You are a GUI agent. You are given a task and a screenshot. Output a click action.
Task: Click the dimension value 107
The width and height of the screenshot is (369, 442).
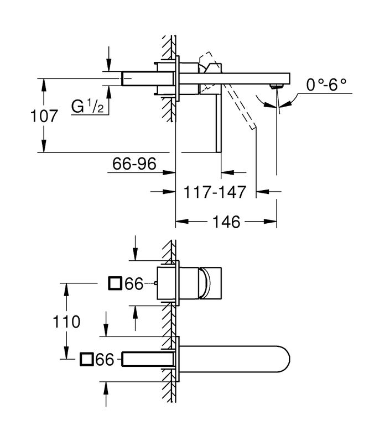(x=45, y=117)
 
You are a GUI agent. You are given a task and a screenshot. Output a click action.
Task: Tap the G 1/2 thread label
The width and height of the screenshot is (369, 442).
(x=87, y=106)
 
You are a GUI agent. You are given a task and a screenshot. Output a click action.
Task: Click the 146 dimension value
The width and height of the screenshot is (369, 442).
(x=227, y=222)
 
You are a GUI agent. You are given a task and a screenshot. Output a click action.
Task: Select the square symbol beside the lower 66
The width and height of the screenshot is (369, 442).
(x=87, y=360)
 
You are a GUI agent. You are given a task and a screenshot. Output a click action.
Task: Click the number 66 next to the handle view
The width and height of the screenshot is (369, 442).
(x=134, y=284)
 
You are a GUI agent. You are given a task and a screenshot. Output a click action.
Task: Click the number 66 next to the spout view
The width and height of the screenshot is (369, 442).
(x=105, y=360)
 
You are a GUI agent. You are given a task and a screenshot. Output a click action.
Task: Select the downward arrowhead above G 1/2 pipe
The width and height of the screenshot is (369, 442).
(x=110, y=66)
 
